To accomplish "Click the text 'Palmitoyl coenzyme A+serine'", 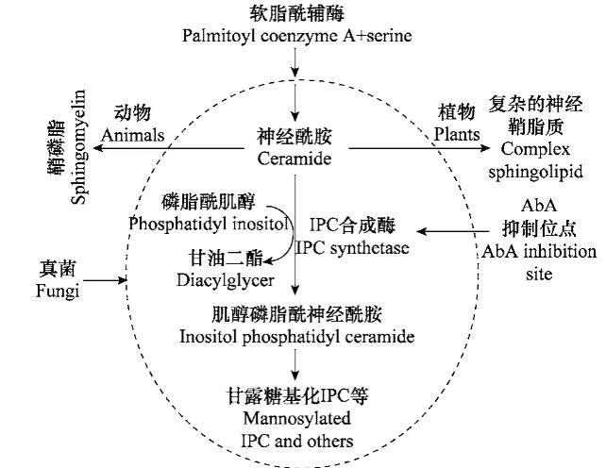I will [295, 36].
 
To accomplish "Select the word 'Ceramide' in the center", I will [295, 159].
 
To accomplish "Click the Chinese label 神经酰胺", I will [295, 138].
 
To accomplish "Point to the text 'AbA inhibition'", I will [539, 252].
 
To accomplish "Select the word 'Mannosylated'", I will [295, 419].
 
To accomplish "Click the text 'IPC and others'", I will [295, 440].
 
